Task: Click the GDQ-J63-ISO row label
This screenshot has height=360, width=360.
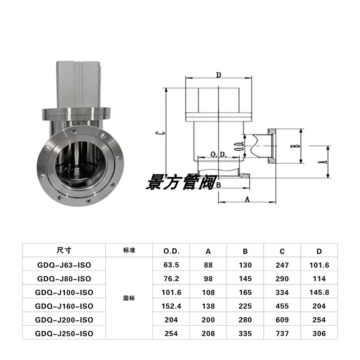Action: coord(64,265)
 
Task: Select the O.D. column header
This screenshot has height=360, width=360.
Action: coord(171,252)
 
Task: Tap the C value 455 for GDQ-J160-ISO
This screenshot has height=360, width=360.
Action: coord(282,306)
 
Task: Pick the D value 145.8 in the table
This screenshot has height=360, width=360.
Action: coord(319,292)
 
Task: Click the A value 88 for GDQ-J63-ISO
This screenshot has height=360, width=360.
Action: coord(208,265)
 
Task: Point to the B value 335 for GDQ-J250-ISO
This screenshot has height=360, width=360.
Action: coord(245,333)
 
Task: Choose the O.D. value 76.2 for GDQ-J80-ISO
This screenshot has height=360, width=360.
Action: coord(171,279)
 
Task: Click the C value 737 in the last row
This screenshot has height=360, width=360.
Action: coord(282,333)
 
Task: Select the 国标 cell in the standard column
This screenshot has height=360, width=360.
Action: coord(129,298)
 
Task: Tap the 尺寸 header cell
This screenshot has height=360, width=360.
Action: coord(64,250)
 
